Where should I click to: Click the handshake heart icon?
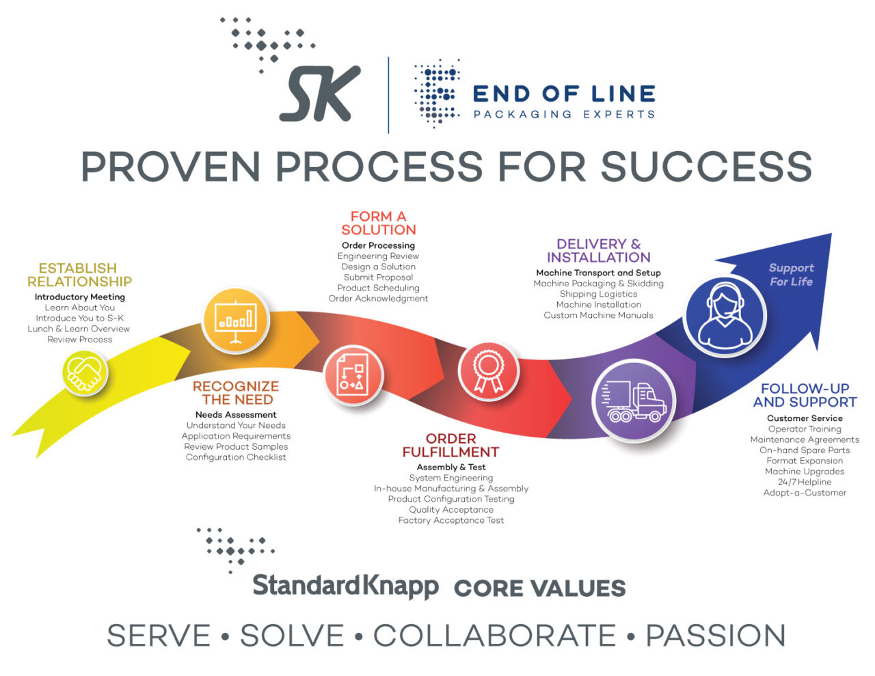point(85,373)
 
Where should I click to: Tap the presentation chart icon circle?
point(236,319)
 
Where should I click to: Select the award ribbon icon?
point(488,371)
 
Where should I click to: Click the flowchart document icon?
point(352,375)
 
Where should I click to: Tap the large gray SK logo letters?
point(320,94)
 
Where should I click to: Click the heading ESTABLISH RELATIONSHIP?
point(79,275)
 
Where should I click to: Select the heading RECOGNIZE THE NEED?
point(236,393)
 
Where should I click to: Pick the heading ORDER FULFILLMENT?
point(450,446)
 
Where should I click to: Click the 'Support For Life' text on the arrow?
point(791,275)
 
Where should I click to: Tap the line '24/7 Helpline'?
point(805,482)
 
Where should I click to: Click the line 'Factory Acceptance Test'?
point(450,520)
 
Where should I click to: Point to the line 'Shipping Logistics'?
point(598,294)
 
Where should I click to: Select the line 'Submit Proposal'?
point(378,278)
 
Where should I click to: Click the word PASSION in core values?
point(715,636)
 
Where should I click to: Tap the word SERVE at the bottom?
point(159,636)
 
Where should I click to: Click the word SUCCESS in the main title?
point(705,166)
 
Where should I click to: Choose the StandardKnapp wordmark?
point(345,586)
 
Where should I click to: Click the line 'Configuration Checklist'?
point(236,457)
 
